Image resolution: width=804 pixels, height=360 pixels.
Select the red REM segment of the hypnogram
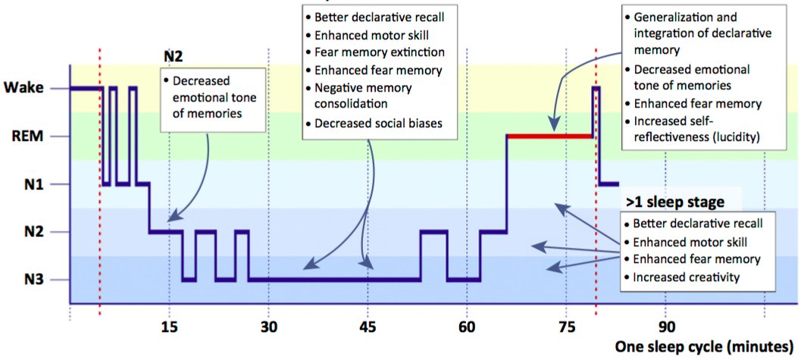tap(549, 136)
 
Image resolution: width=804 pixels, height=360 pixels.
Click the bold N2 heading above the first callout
tap(174, 55)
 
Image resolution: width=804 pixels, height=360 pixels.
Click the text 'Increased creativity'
tap(686, 277)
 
